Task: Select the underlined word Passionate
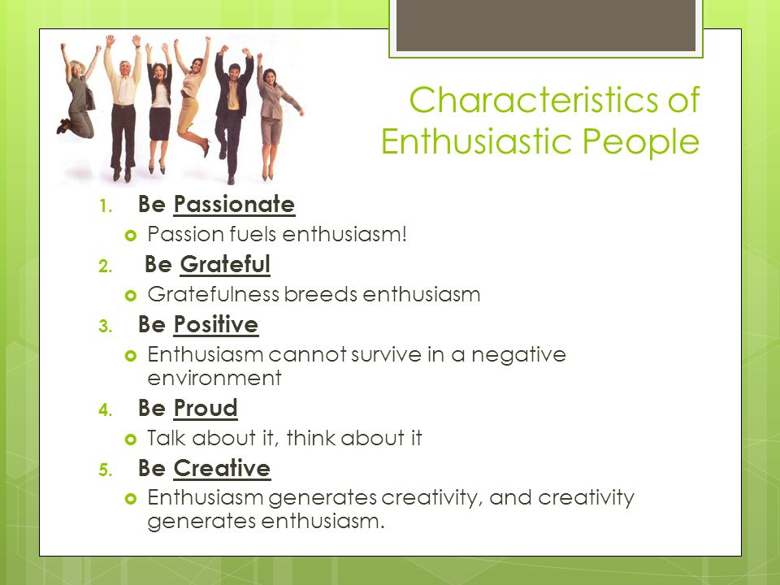pyautogui.click(x=234, y=205)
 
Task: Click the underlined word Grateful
pyautogui.click(x=225, y=265)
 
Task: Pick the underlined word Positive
pyautogui.click(x=216, y=325)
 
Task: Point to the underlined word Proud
pyautogui.click(x=206, y=409)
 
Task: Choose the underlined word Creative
pyautogui.click(x=222, y=469)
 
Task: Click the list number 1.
pyautogui.click(x=105, y=206)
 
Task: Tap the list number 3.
pyautogui.click(x=105, y=327)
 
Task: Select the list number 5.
pyautogui.click(x=105, y=470)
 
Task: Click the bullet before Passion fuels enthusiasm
pyautogui.click(x=130, y=236)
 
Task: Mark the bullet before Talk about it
pyautogui.click(x=130, y=440)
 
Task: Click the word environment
pyautogui.click(x=214, y=379)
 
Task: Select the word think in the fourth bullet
pyautogui.click(x=311, y=438)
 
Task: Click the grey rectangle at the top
pyautogui.click(x=546, y=25)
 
